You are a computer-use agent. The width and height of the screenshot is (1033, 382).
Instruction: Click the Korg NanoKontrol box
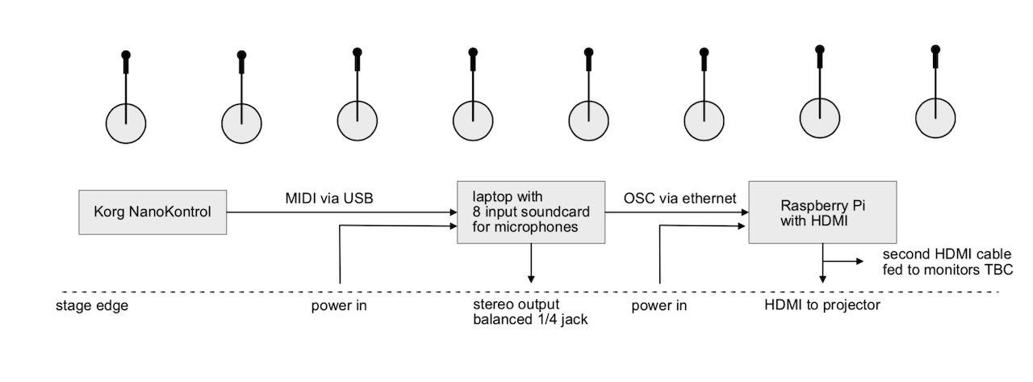coord(153,213)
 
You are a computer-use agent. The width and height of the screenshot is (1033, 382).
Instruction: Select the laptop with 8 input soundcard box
coord(531,212)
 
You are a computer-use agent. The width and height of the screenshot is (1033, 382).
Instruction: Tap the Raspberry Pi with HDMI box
coord(822,212)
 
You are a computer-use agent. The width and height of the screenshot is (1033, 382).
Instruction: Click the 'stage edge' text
coord(91,306)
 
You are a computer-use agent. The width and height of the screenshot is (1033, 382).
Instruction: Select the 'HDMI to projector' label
coord(822,305)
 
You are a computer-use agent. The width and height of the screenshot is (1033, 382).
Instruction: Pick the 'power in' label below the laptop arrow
coord(341,306)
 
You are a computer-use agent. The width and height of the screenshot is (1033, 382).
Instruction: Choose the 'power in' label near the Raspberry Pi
coord(659,306)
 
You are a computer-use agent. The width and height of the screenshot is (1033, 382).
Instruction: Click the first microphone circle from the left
coord(126,124)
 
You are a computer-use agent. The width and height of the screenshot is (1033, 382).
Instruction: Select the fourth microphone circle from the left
coord(472,122)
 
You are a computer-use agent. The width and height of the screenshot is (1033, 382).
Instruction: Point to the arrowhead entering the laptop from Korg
coord(454,212)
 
